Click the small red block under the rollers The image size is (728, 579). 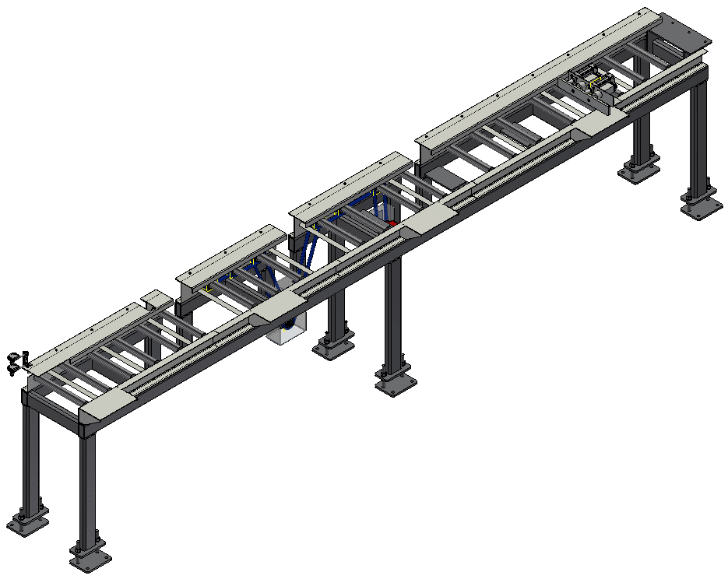point(392,223)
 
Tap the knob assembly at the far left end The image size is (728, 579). point(17,361)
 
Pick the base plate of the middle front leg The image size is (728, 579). point(396,383)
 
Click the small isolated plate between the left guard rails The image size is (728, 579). point(156,297)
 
